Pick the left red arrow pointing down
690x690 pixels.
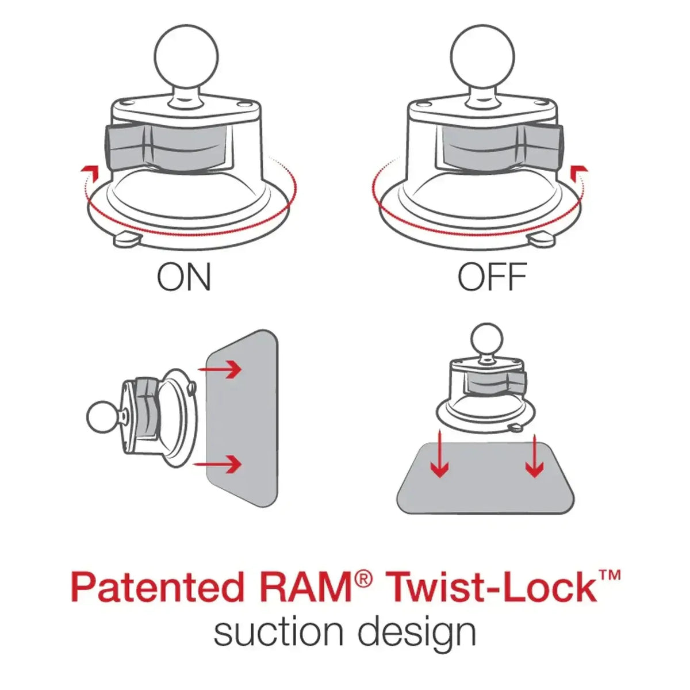coord(440,457)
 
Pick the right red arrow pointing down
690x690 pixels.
coord(535,457)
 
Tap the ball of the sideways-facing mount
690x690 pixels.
coord(102,416)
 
